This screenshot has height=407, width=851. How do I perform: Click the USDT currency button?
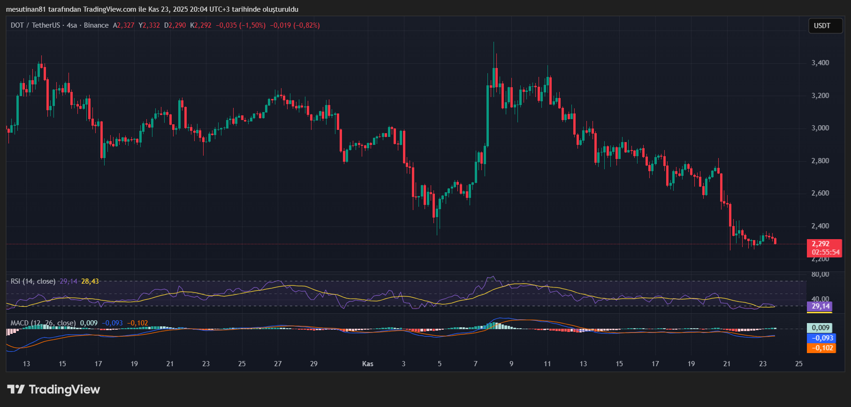point(822,26)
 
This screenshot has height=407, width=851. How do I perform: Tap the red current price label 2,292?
point(821,244)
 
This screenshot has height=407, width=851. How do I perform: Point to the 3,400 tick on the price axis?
point(820,63)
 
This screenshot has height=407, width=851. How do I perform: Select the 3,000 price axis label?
point(820,128)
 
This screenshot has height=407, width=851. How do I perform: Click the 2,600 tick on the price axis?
point(820,193)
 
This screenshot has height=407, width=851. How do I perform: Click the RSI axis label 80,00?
point(820,274)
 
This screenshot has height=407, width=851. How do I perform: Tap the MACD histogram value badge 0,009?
point(821,328)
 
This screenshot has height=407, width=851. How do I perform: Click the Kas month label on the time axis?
point(368,364)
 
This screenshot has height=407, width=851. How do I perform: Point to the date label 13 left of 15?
point(26,364)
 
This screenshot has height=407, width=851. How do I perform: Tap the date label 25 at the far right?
point(799,364)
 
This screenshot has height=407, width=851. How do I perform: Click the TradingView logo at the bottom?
point(53,390)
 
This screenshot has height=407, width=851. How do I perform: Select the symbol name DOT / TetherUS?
point(36,25)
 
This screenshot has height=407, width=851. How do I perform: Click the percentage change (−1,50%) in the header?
point(252,25)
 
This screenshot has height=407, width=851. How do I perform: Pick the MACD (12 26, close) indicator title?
point(43,323)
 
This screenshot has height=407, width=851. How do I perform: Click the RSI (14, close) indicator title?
point(33,281)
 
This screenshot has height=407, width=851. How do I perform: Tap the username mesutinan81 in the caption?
point(25,9)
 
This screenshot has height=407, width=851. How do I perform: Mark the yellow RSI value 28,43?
point(90,281)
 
